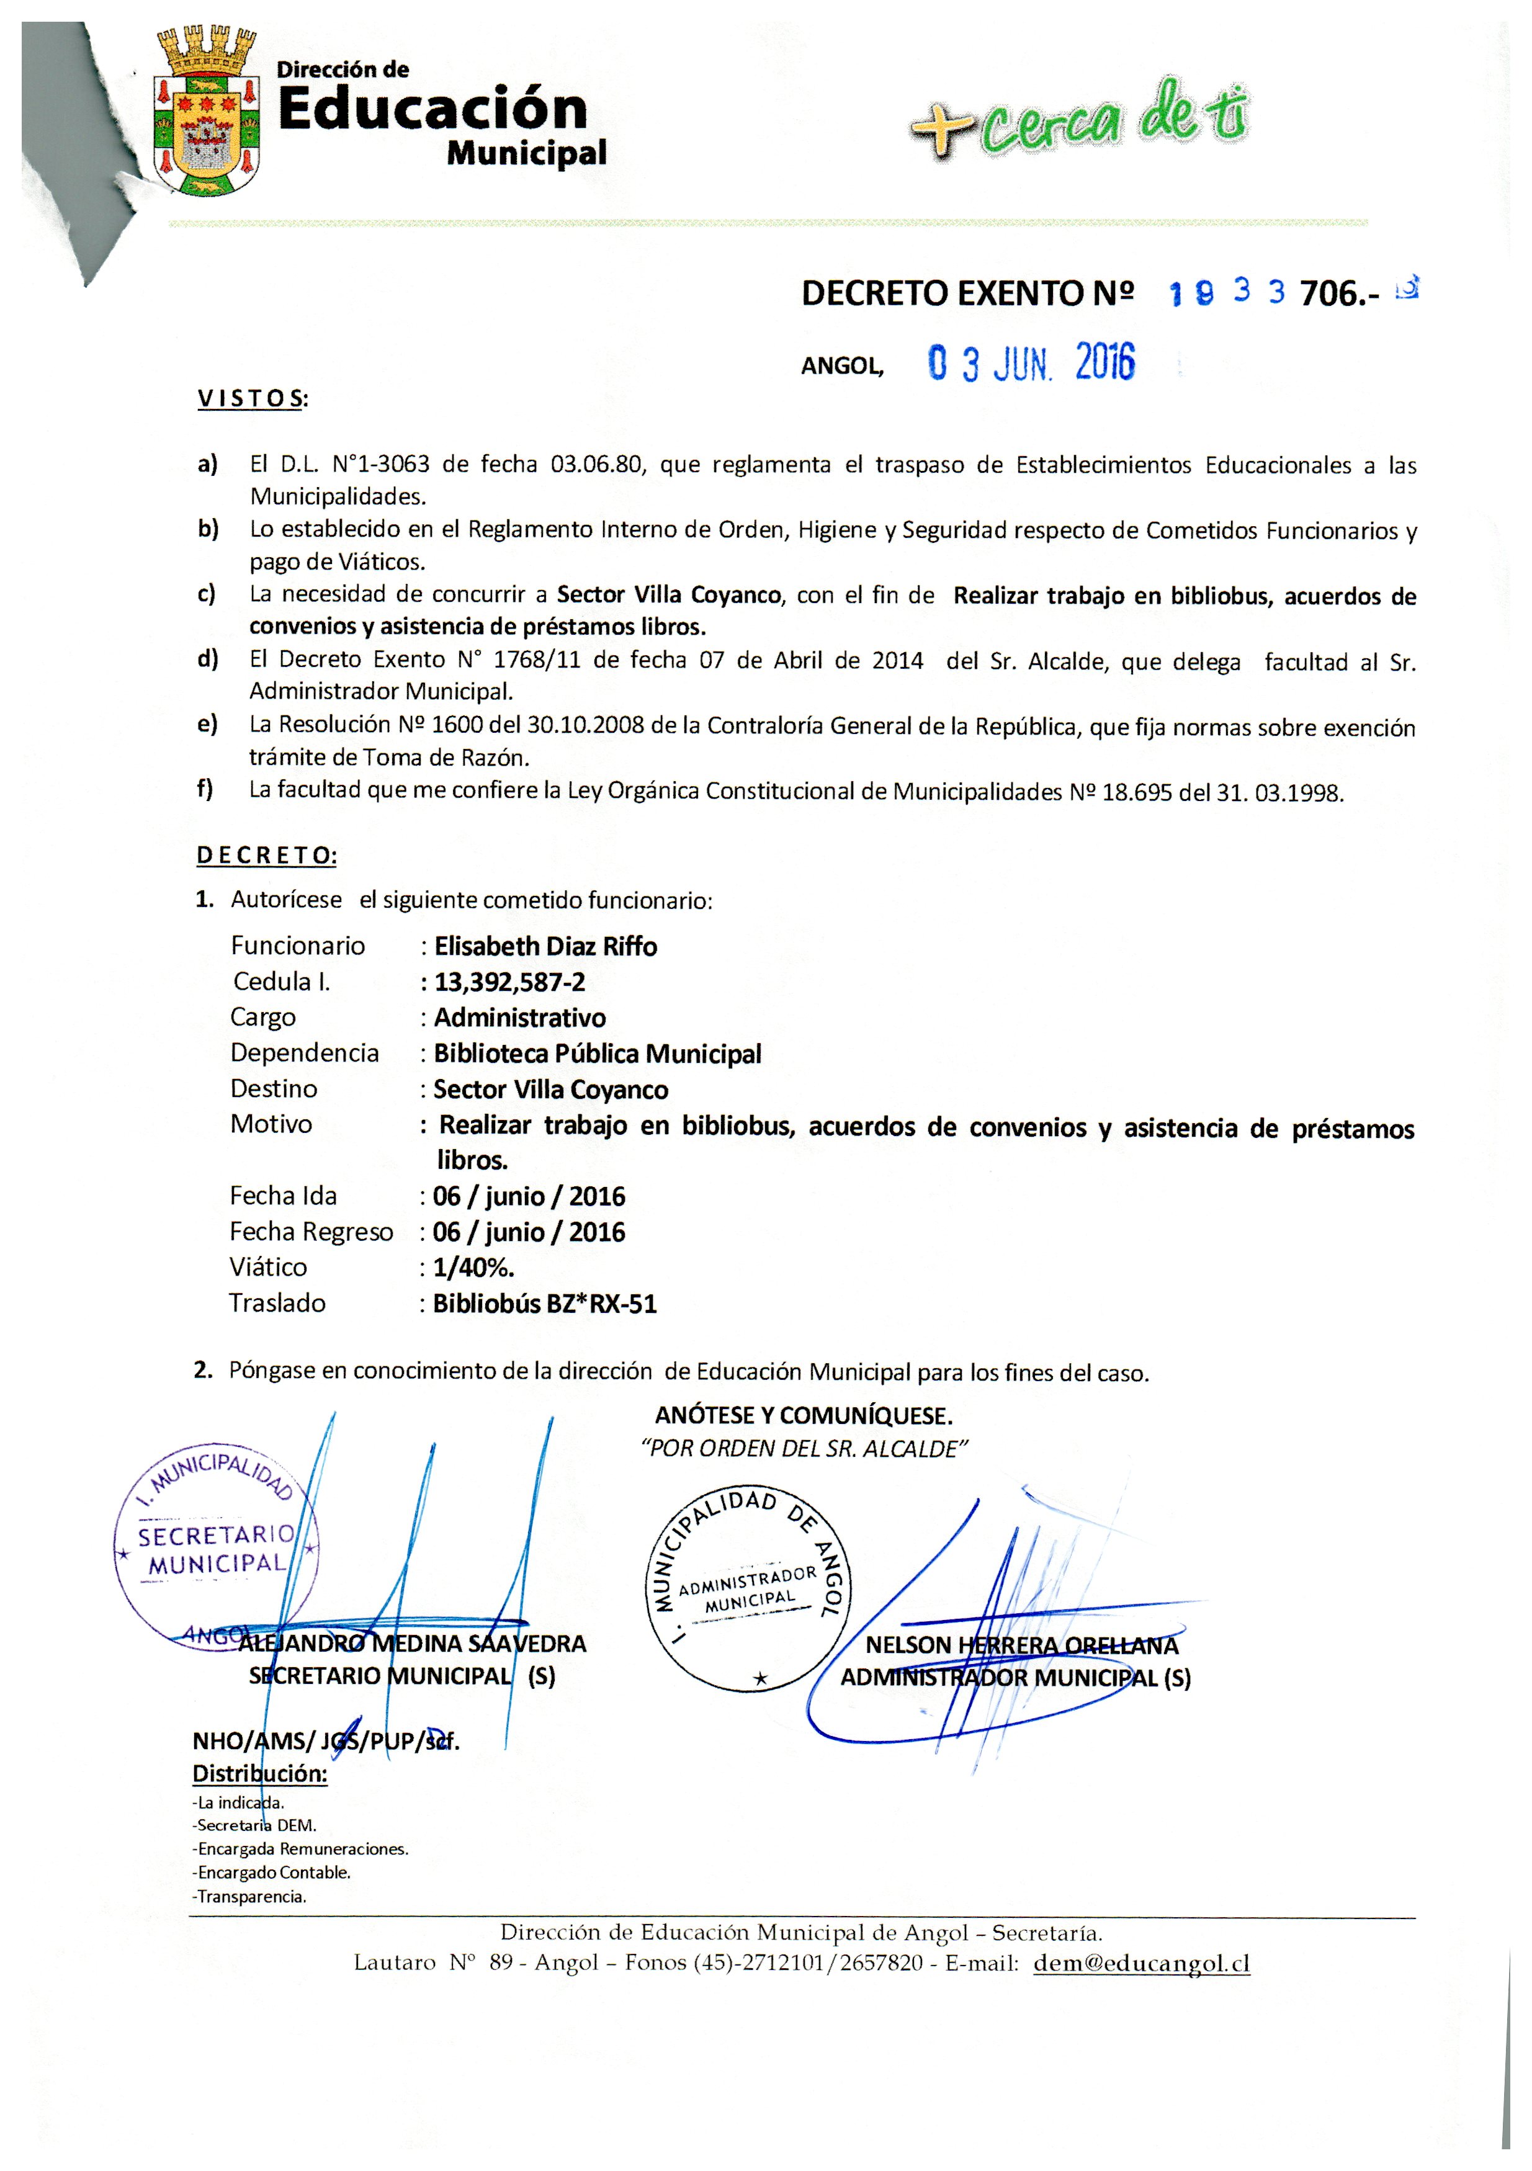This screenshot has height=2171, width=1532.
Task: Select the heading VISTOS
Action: tap(251, 399)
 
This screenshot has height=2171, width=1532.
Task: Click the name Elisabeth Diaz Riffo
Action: tap(545, 946)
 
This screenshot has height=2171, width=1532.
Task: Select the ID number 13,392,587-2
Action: tap(509, 982)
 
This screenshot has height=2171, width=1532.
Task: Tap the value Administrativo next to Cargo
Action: tap(519, 1018)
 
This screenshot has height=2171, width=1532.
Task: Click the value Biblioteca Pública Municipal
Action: tap(597, 1054)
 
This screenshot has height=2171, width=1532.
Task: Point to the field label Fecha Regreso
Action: tap(310, 1232)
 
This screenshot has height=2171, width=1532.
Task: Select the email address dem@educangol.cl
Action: tap(1142, 1964)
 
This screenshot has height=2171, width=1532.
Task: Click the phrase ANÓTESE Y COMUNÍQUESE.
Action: tap(803, 1415)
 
